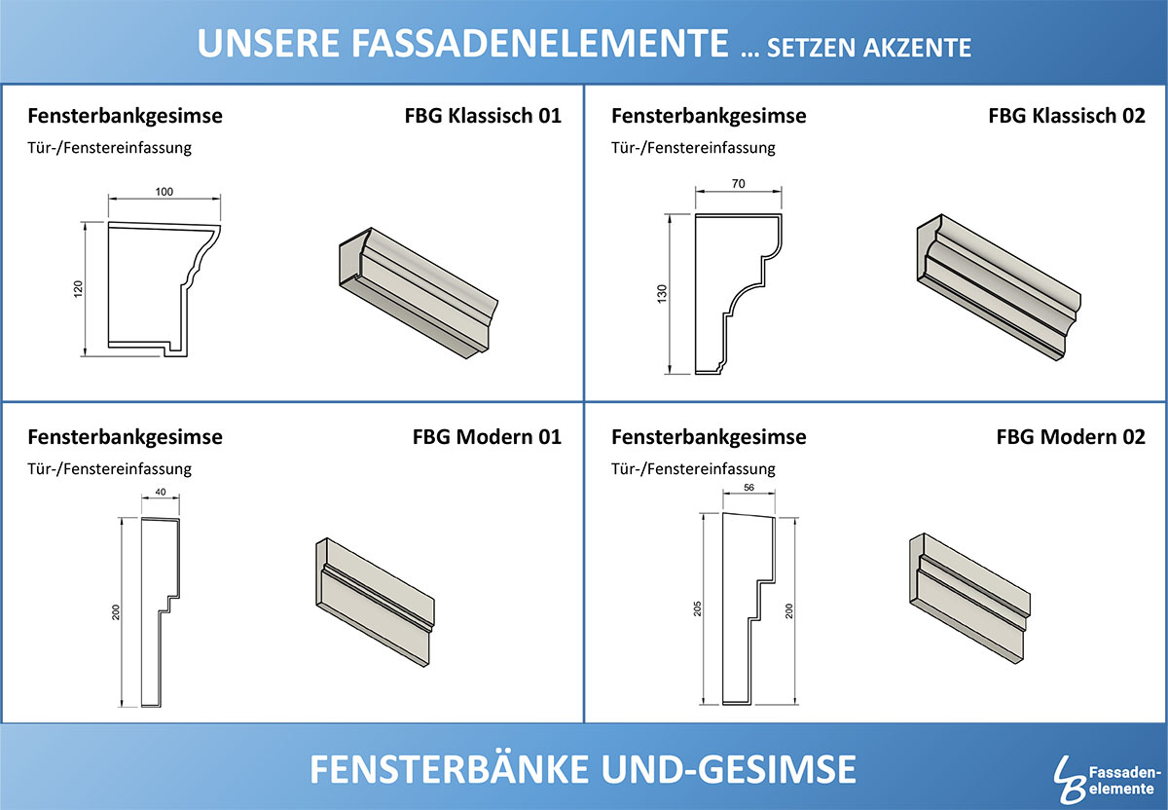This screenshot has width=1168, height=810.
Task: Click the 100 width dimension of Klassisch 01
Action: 164,192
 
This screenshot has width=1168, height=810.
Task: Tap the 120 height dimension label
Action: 78,289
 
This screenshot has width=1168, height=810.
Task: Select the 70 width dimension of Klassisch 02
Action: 739,184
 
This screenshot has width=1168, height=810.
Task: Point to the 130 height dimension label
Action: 662,294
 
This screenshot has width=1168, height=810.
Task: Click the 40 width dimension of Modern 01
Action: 161,492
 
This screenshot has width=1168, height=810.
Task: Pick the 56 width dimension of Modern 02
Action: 748,488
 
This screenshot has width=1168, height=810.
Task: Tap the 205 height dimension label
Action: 698,608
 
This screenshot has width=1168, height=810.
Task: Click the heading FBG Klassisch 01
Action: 483,116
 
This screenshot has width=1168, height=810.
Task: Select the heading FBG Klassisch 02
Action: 1067,116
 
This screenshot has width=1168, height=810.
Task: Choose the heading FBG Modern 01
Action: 487,437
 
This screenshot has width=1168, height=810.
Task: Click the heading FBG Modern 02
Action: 1071,437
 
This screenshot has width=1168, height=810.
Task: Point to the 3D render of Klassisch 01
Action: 419,293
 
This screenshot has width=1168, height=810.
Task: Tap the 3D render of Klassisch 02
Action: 999,287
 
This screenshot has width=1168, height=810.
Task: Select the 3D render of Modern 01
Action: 375,602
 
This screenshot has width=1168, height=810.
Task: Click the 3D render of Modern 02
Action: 969,598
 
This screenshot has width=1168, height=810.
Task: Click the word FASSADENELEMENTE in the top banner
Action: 540,43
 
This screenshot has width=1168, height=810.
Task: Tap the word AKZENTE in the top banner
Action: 917,48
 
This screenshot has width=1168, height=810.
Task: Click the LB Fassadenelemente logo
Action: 1108,779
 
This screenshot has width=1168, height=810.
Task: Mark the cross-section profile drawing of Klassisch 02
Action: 739,294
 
